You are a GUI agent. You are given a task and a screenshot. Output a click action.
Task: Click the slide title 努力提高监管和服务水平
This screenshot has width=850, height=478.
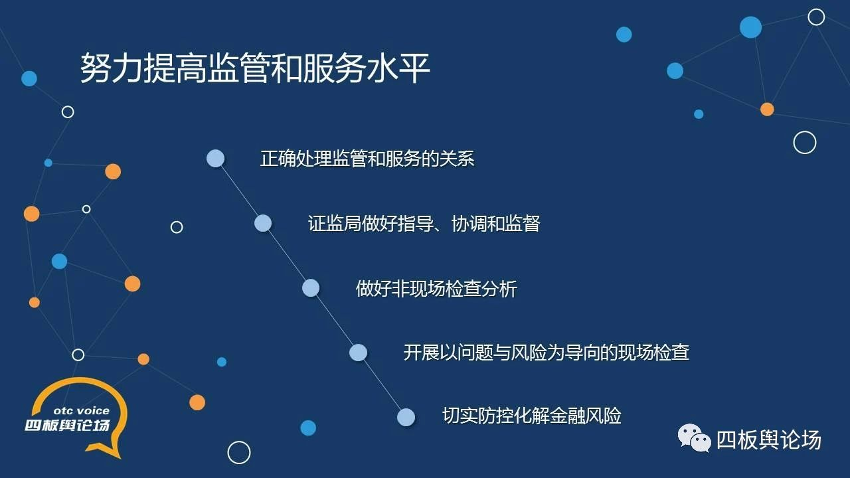[x=254, y=68]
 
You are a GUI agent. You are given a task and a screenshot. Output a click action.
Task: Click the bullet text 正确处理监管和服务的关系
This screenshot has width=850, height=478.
[x=367, y=159]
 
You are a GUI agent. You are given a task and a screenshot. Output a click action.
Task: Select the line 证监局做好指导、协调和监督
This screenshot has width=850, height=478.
[x=424, y=224]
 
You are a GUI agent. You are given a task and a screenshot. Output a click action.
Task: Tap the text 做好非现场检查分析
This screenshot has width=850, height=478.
[x=436, y=289]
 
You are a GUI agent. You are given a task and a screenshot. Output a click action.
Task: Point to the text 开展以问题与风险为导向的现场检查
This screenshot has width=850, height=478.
[x=546, y=353]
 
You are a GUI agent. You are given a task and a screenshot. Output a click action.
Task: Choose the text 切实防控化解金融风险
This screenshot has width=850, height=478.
[x=532, y=416]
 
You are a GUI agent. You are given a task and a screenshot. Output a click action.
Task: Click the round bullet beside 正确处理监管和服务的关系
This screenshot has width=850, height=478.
[x=216, y=158]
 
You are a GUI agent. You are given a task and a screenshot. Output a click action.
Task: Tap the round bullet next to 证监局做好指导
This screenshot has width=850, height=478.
[x=263, y=223]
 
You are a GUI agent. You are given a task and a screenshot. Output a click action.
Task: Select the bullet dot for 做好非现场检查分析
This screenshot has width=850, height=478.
[x=311, y=288]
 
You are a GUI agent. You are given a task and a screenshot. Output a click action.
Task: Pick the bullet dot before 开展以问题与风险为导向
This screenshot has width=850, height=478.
[x=358, y=353]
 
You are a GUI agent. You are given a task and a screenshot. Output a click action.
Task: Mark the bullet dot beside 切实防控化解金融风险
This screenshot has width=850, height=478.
[x=406, y=418]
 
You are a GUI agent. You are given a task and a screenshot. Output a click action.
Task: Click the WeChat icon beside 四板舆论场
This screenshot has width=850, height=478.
[x=695, y=439]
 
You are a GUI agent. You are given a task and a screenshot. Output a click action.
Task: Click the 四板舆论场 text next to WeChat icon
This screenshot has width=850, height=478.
[x=769, y=440]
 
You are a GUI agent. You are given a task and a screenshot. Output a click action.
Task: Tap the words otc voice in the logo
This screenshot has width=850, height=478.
[x=82, y=411]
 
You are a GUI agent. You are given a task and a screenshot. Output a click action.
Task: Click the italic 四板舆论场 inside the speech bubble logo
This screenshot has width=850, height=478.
[x=68, y=426]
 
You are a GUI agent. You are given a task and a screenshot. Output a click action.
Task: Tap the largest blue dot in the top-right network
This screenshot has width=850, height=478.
[x=750, y=27]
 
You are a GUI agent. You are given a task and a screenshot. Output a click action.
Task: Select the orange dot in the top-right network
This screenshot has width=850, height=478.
[x=767, y=110]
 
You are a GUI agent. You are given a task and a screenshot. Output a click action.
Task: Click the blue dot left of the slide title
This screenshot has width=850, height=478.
[x=29, y=78]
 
